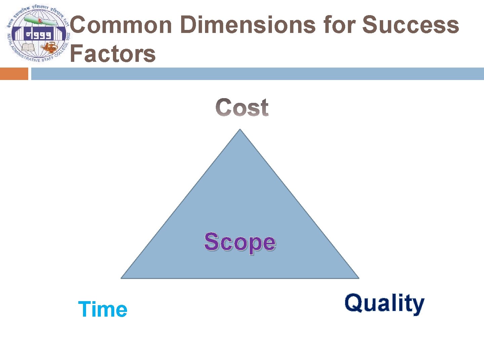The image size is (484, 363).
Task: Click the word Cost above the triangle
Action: coord(242,108)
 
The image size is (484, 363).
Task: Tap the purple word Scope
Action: coord(240,242)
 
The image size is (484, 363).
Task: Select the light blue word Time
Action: coord(103,309)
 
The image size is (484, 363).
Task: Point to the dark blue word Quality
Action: coord(384,303)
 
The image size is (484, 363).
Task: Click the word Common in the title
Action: coord(121,25)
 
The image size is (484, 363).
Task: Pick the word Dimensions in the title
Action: coord(248,25)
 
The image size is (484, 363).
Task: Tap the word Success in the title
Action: coord(410,25)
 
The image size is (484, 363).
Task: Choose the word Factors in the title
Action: coord(113,54)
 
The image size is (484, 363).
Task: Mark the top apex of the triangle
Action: coord(240,130)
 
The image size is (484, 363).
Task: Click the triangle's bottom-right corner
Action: coord(358,278)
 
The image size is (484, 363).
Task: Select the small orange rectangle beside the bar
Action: coord(14,74)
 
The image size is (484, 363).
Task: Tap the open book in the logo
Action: coord(28,47)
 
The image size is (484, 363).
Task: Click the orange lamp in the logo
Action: coord(50,47)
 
